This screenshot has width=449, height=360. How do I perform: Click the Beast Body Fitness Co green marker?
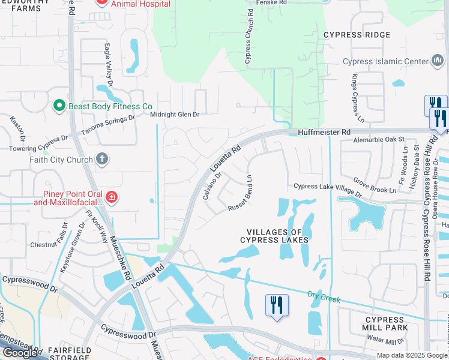[x=59, y=106]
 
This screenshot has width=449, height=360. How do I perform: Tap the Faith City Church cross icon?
[x=103, y=159]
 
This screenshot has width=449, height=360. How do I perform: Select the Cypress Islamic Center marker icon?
[x=438, y=61]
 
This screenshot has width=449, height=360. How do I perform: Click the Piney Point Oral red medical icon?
[x=111, y=197]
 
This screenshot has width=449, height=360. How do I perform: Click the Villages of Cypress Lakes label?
[x=274, y=236]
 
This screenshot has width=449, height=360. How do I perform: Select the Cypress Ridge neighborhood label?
[x=357, y=35]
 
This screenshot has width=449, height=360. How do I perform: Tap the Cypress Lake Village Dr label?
[x=328, y=189]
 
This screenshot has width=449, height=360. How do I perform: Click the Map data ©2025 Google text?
[x=412, y=355]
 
